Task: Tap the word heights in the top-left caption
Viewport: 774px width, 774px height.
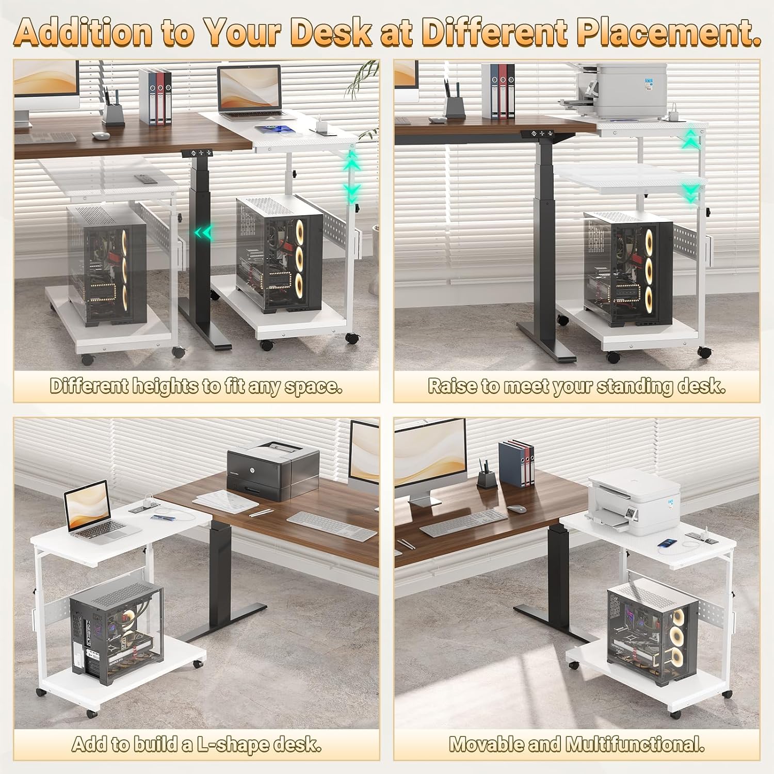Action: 166,386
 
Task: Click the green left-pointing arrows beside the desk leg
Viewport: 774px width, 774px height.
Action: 203,233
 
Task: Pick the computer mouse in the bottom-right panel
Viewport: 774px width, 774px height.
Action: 517,508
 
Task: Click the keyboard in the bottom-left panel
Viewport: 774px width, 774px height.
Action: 332,525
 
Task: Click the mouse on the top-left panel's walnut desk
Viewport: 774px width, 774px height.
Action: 102,136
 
